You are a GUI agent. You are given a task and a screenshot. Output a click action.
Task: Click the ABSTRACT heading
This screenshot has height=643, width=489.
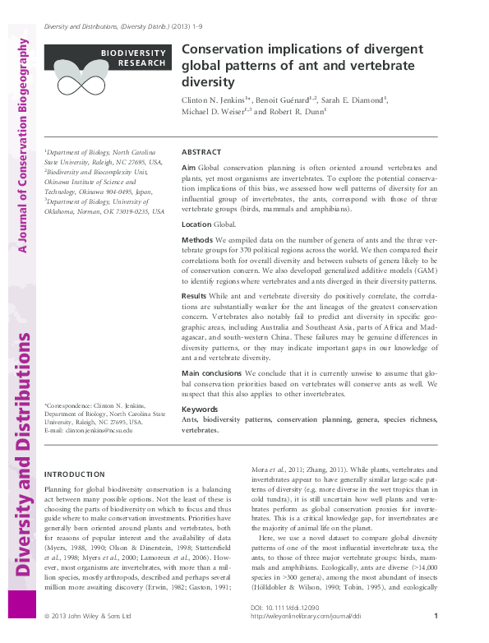pos(201,152)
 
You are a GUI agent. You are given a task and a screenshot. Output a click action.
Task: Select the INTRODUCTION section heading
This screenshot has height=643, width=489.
pos(75,474)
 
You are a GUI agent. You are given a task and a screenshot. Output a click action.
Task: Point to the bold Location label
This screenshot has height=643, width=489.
pos(196,224)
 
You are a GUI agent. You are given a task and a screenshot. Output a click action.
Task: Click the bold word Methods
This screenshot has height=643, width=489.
pos(196,239)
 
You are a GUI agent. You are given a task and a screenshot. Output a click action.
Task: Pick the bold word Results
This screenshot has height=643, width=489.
pos(194,294)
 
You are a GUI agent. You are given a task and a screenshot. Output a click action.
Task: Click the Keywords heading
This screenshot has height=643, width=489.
pos(199,409)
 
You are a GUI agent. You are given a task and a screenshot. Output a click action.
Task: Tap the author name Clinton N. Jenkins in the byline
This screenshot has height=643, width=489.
pos(215,99)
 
